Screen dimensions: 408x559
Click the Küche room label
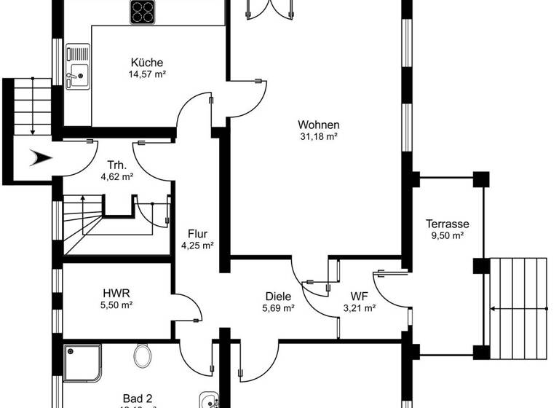coord(146,63)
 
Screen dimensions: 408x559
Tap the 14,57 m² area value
coord(146,74)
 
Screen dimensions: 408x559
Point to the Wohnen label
coord(318,125)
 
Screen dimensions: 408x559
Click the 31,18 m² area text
coord(318,136)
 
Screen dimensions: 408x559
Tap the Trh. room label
coord(116,164)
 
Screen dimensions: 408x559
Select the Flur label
coord(197,234)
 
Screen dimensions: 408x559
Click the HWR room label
coord(116,294)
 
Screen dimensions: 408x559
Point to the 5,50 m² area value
coord(116,305)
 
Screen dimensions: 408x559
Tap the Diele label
coord(277,297)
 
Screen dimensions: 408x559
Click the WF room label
coord(359,297)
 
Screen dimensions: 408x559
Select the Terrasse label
coord(447,224)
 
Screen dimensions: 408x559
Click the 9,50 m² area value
coord(447,236)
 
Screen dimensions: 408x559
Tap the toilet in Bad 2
coord(143,356)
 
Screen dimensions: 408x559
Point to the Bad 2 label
coord(137,398)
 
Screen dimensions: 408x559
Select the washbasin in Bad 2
coord(208,400)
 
